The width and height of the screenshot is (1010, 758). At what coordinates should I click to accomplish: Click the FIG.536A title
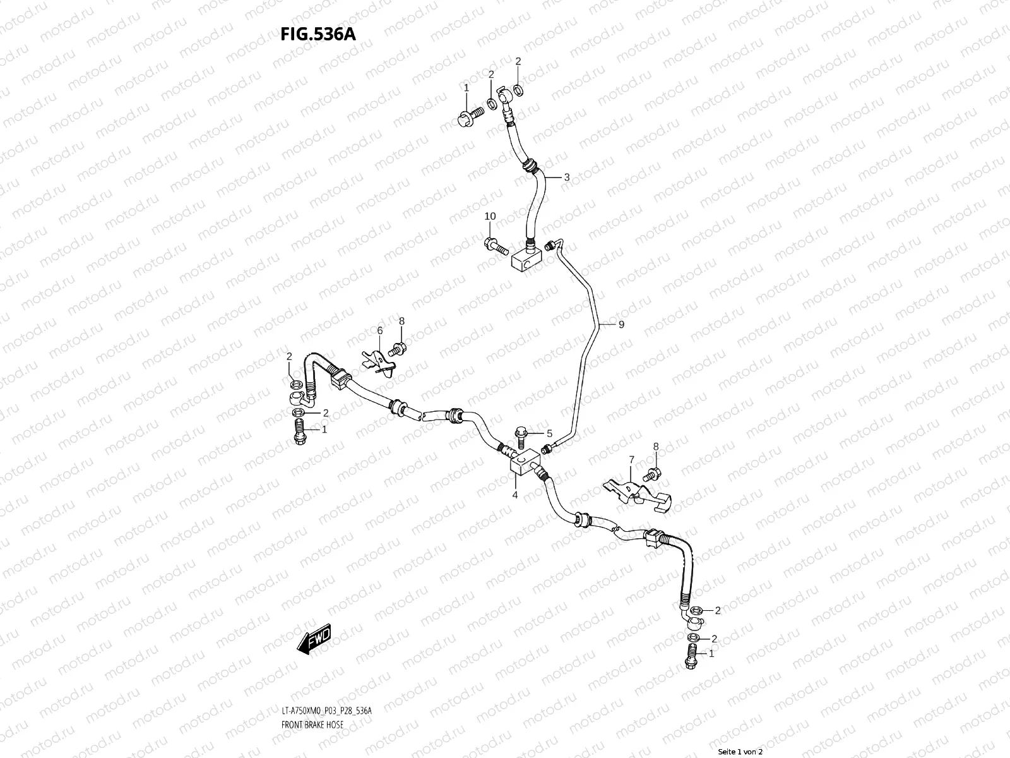[x=318, y=34]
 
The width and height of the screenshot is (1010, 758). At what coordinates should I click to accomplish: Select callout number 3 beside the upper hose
[x=567, y=177]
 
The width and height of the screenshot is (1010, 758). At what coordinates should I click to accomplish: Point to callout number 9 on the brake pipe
[x=621, y=325]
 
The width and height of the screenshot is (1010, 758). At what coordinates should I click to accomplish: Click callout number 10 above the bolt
[x=490, y=217]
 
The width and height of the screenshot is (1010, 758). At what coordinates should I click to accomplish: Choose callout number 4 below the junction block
[x=515, y=495]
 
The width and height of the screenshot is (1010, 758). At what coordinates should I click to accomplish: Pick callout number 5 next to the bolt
[x=549, y=434]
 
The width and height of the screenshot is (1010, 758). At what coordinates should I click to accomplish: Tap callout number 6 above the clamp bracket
[x=380, y=330]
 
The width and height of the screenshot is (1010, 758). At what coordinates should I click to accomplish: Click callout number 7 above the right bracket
[x=630, y=459]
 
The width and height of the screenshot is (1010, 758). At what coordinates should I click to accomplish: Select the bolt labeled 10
[x=496, y=246]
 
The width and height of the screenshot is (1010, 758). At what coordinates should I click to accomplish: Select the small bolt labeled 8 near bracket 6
[x=398, y=346]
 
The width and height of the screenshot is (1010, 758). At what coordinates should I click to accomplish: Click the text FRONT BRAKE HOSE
[x=312, y=725]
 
